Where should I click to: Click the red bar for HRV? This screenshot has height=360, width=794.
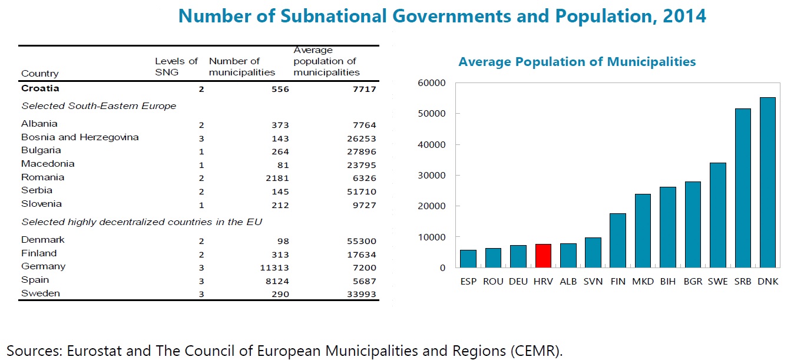[543, 256]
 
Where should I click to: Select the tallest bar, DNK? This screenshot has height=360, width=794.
[767, 183]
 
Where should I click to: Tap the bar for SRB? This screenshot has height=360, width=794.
[743, 189]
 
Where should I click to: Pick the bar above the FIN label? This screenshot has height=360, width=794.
[618, 240]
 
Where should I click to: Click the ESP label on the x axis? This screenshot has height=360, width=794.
[468, 282]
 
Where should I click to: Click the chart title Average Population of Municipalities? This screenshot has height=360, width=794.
[577, 62]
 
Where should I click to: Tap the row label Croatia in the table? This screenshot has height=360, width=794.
[40, 89]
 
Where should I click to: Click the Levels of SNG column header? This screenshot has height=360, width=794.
[176, 67]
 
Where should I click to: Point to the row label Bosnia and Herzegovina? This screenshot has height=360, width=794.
[80, 137]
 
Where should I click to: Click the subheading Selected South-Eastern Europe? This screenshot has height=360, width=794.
[98, 106]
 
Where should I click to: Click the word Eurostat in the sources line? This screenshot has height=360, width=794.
[90, 351]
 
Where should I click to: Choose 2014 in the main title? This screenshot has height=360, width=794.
[683, 16]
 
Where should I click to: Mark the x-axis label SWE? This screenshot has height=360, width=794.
[717, 282]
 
